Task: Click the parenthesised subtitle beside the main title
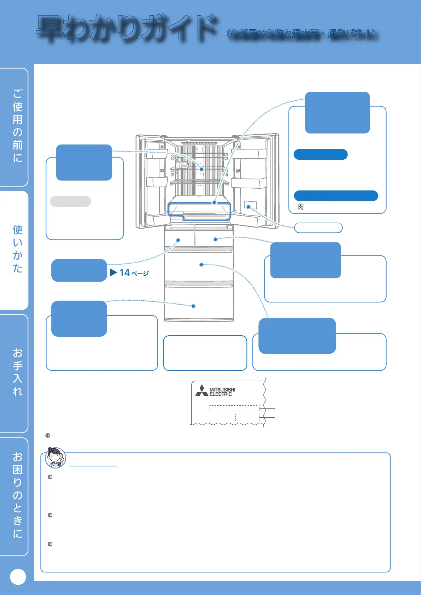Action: click(302, 34)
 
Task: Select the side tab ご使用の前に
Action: click(17, 126)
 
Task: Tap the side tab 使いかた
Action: click(17, 249)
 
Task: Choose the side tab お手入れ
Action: click(17, 372)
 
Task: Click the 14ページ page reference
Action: click(129, 273)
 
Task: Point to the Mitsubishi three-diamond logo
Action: click(202, 390)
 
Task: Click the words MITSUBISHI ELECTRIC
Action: click(222, 392)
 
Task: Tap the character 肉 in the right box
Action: click(300, 207)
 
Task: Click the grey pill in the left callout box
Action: click(71, 201)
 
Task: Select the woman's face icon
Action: click(55, 458)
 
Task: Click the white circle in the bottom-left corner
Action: click(18, 577)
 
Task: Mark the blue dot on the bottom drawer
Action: click(193, 306)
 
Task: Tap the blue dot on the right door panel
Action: click(248, 207)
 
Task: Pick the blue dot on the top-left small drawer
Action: click(178, 240)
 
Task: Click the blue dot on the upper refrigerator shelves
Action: click(201, 169)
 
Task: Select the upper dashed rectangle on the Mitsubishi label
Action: click(234, 409)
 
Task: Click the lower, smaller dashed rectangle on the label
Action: click(247, 417)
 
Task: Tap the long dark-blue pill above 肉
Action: click(336, 196)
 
